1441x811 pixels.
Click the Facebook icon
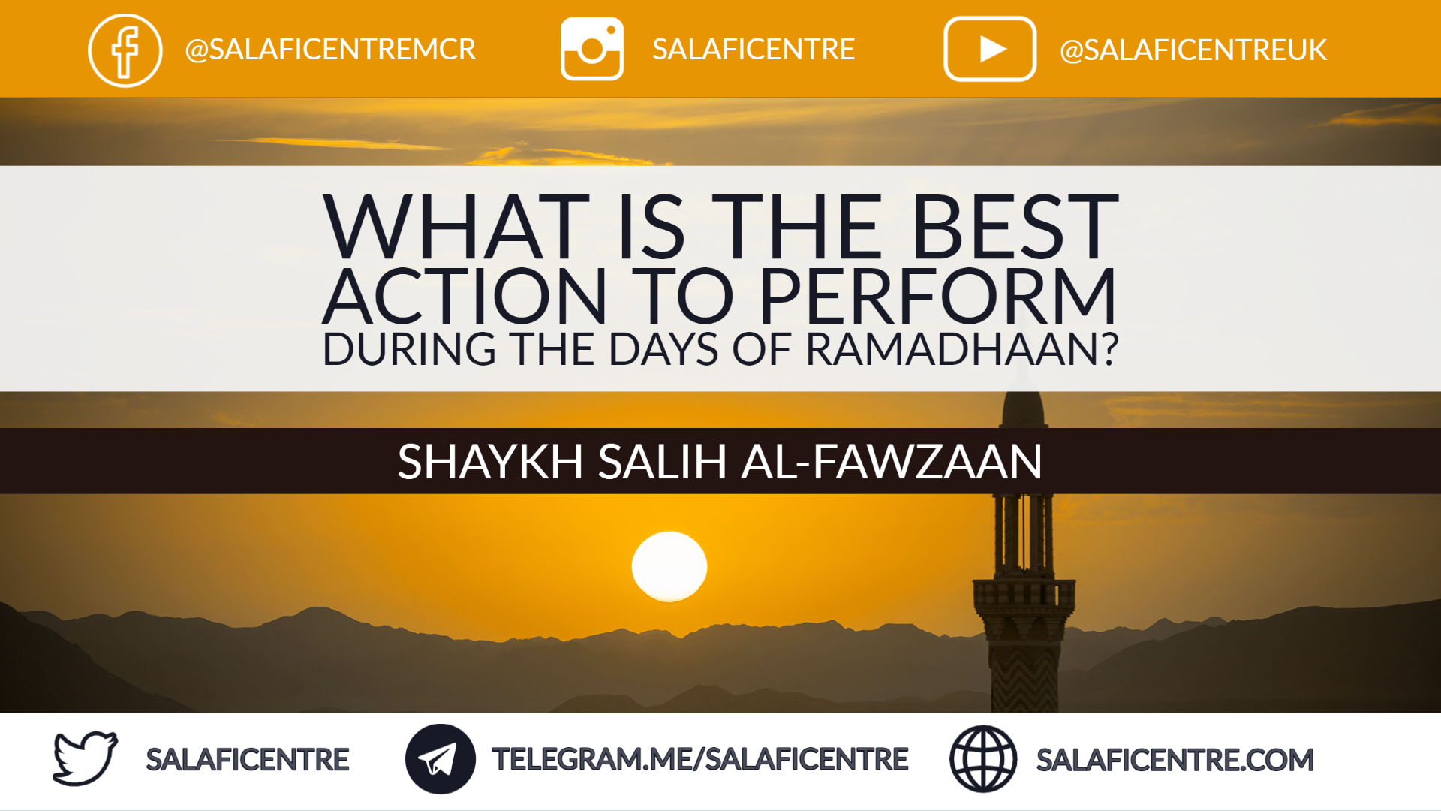pyautogui.click(x=125, y=50)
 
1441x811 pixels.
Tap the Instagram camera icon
pyautogui.click(x=592, y=49)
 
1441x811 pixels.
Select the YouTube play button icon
pyautogui.click(x=990, y=49)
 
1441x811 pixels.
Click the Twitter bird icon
pyautogui.click(x=85, y=758)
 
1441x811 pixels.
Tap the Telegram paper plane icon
pyautogui.click(x=441, y=759)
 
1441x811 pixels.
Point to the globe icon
pyautogui.click(x=983, y=759)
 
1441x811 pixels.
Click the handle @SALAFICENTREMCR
pyautogui.click(x=330, y=50)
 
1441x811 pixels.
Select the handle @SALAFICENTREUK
pyautogui.click(x=1193, y=50)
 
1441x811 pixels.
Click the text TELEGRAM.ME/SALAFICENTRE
pyautogui.click(x=700, y=759)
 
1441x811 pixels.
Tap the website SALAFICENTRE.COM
pyautogui.click(x=1175, y=760)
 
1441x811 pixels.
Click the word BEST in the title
pyautogui.click(x=1015, y=226)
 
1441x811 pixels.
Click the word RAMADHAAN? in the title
pyautogui.click(x=962, y=349)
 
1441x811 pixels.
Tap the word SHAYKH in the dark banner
pyautogui.click(x=490, y=461)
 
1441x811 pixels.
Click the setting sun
pyautogui.click(x=669, y=567)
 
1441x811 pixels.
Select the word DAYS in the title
pyautogui.click(x=663, y=349)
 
